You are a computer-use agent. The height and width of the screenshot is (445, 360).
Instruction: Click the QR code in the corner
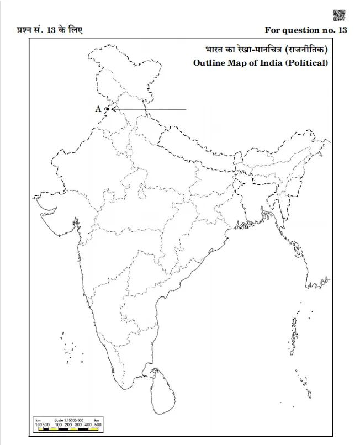[340, 15]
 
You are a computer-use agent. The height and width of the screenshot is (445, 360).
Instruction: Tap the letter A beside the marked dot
[98, 109]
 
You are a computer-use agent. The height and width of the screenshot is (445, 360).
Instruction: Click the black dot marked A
[107, 109]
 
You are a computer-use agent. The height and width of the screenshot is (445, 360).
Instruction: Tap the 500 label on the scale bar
[97, 425]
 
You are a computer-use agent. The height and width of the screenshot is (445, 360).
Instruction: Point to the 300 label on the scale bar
[77, 425]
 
